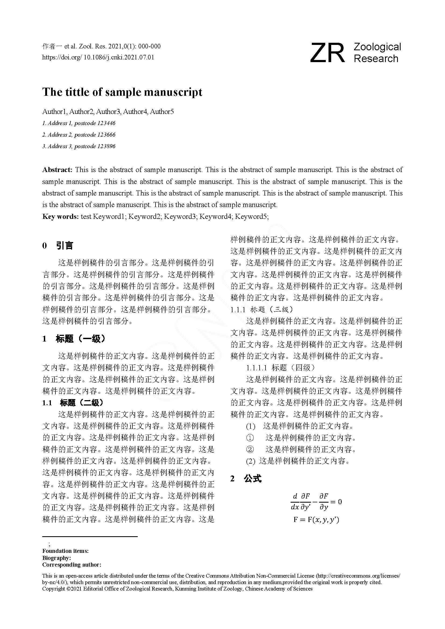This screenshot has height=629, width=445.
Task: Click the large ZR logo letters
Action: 327,53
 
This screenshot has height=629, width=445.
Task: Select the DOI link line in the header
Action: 98,57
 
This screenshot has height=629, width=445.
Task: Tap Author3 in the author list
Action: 108,112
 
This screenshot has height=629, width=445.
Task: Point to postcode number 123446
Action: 106,123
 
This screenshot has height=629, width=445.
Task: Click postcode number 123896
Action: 106,146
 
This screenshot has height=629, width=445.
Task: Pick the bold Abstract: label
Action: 57,170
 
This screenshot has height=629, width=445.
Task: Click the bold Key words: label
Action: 60,217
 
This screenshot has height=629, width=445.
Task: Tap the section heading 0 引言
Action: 58,246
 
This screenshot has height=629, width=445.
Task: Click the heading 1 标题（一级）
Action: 74,339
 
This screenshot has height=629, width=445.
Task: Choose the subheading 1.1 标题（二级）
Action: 73,403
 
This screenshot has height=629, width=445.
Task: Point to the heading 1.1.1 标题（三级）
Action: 262,310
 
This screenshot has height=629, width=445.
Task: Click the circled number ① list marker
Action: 250,438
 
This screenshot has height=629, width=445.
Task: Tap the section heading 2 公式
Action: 246,479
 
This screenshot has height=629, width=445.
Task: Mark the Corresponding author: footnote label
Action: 72,565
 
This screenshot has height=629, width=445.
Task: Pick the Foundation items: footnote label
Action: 65,551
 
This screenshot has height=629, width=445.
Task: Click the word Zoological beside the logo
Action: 377,47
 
